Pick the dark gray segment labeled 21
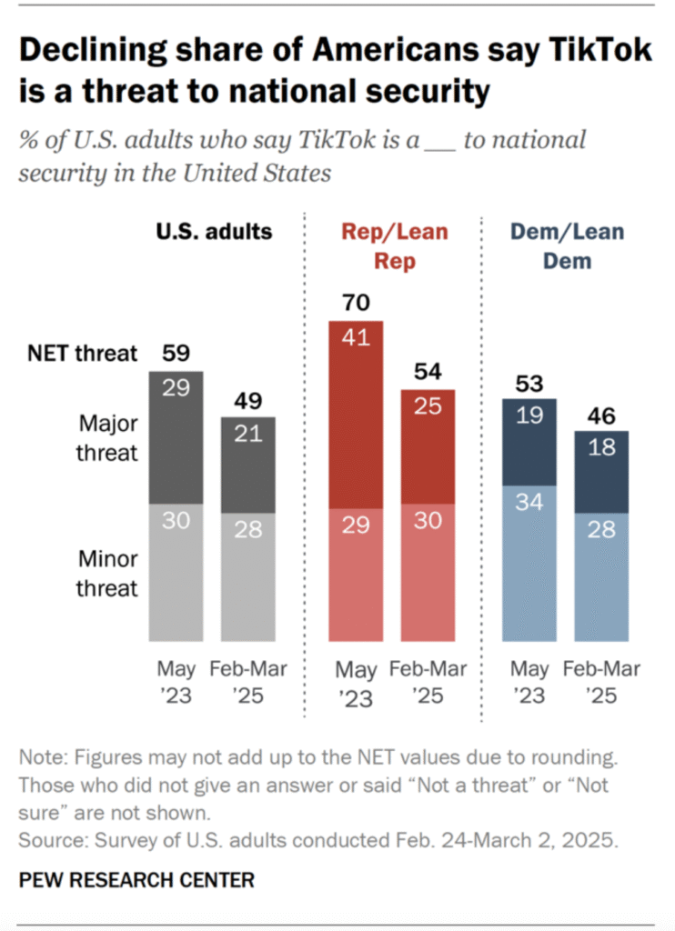(247, 465)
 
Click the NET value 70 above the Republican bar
(356, 302)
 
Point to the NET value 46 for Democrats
(601, 417)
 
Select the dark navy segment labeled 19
(529, 442)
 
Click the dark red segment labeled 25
(427, 447)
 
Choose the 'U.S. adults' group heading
(213, 231)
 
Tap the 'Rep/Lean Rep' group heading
(395, 245)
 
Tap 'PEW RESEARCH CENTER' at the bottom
(136, 879)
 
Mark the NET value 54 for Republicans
(427, 371)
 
